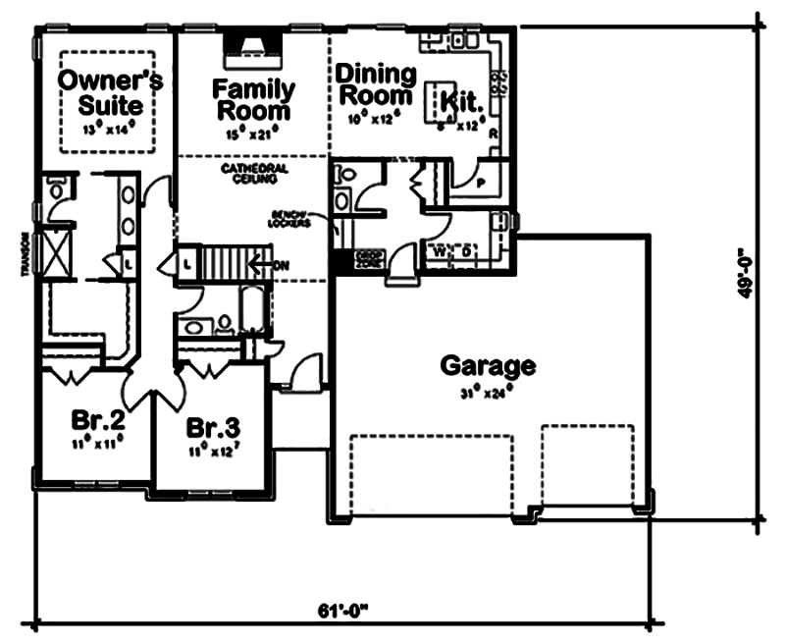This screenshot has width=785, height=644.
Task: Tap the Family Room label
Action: click(x=254, y=97)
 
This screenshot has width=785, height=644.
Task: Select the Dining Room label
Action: click(x=375, y=84)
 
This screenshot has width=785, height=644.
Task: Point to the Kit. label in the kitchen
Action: click(x=459, y=100)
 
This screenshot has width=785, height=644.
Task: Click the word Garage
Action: click(x=488, y=366)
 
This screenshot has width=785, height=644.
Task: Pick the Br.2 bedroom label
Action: click(x=97, y=421)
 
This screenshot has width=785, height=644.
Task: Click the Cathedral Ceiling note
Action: click(x=254, y=174)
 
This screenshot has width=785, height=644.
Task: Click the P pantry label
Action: click(x=481, y=183)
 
